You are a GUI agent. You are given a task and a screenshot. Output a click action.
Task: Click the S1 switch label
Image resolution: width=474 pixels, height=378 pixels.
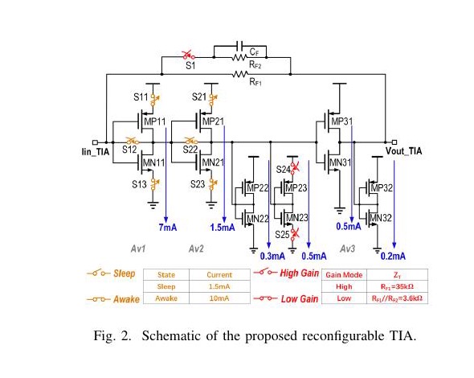[x=190, y=65]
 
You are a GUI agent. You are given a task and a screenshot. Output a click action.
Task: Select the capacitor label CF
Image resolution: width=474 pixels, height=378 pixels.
[x=254, y=52]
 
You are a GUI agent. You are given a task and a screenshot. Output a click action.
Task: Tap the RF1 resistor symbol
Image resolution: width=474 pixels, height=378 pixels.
[x=240, y=74]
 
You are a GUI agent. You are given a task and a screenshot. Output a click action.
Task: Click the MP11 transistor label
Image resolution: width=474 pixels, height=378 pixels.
[x=155, y=121]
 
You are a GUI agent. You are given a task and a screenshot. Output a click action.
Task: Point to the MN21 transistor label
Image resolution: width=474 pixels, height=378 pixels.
[x=213, y=162]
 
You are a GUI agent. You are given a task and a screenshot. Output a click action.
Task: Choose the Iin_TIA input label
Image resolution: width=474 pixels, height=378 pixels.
[x=96, y=151]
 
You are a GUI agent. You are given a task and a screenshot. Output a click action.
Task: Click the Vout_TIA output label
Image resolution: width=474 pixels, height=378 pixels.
[x=403, y=151]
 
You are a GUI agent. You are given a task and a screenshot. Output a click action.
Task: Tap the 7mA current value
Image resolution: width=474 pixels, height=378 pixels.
[x=168, y=227]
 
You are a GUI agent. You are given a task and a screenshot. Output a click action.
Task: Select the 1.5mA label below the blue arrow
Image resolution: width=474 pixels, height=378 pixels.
[x=223, y=227]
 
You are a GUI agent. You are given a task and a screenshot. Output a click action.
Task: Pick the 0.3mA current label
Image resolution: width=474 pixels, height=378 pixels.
[x=272, y=256]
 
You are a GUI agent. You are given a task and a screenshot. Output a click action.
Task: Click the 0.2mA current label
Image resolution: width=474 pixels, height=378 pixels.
[x=393, y=256]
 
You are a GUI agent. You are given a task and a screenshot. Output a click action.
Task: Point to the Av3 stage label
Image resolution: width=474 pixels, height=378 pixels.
[x=347, y=249]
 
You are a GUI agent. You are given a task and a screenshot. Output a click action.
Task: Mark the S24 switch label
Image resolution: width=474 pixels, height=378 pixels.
[x=284, y=170]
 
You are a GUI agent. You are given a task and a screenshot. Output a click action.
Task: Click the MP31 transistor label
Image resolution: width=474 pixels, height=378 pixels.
[x=342, y=121]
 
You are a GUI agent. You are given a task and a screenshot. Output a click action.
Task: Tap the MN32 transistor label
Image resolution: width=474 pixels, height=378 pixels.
[x=381, y=218]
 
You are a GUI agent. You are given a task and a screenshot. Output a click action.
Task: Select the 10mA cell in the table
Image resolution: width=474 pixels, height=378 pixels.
[x=219, y=298]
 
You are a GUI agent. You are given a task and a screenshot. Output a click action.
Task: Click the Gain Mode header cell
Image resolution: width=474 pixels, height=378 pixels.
[x=344, y=275]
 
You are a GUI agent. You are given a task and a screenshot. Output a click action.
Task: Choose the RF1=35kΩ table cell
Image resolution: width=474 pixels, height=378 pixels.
[x=397, y=286]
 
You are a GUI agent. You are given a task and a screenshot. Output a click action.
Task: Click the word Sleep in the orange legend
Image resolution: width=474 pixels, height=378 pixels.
[x=125, y=273]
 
